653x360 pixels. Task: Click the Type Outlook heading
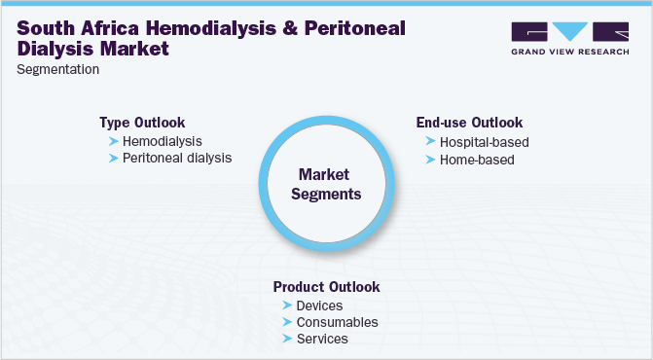pyautogui.click(x=144, y=123)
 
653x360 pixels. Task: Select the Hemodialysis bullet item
pyautogui.click(x=163, y=141)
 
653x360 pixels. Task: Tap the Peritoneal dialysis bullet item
pyautogui.click(x=177, y=158)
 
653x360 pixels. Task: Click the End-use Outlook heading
pyautogui.click(x=469, y=123)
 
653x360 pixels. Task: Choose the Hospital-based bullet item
pyautogui.click(x=484, y=142)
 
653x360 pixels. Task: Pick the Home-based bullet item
pyautogui.click(x=476, y=159)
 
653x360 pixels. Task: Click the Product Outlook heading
pyautogui.click(x=326, y=287)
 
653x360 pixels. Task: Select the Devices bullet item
pyautogui.click(x=319, y=306)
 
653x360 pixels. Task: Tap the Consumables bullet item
pyautogui.click(x=336, y=322)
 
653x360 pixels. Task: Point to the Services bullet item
pyautogui.click(x=321, y=339)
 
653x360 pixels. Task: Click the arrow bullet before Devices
pyautogui.click(x=287, y=306)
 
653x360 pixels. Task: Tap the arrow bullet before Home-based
pyautogui.click(x=431, y=159)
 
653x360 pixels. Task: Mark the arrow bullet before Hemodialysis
pyautogui.click(x=114, y=142)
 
